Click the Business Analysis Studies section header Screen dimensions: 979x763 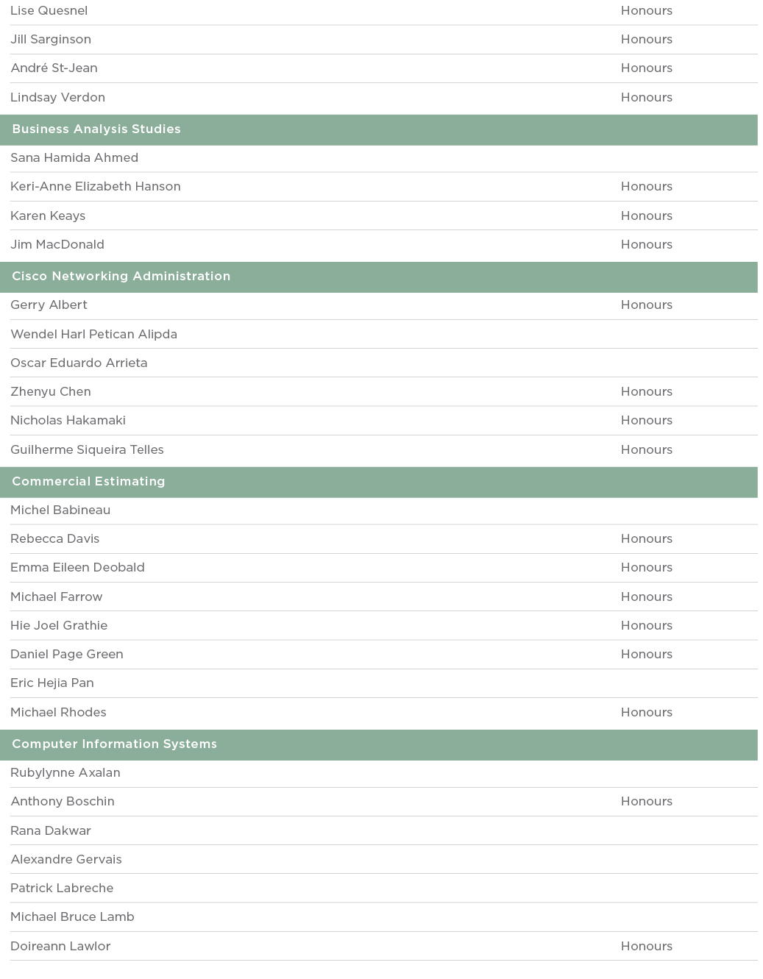pos(96,129)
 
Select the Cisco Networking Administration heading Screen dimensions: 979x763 pos(121,277)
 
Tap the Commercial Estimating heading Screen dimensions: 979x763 pos(88,482)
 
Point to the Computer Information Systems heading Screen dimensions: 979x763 pos(115,744)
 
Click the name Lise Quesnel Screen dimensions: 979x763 pos(49,11)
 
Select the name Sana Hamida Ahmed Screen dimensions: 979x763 pos(74,158)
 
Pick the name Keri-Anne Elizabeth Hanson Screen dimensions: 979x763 pos(96,187)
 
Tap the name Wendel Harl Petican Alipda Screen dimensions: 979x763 pos(93,335)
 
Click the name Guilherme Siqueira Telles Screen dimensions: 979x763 pos(87,450)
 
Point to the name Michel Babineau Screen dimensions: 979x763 pos(60,510)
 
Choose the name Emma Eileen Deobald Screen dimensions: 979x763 pos(77,568)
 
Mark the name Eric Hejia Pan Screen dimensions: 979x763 pos(52,683)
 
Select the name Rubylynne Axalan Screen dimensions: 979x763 pos(65,773)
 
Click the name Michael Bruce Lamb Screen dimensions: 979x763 pos(72,917)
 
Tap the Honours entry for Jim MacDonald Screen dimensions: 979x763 pos(646,245)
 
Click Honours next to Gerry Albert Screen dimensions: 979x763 pos(646,305)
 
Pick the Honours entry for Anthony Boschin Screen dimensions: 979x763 pos(646,802)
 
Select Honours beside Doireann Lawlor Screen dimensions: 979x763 pos(646,947)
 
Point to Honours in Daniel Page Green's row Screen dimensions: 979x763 pos(646,655)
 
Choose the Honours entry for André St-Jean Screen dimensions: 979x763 pos(646,68)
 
